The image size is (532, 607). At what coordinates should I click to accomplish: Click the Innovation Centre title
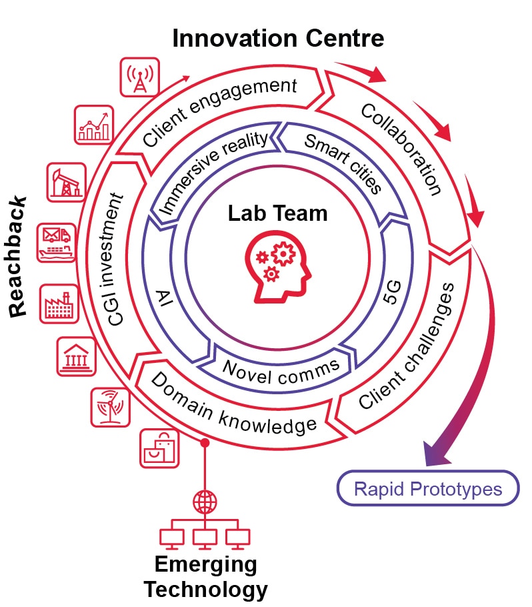(x=278, y=39)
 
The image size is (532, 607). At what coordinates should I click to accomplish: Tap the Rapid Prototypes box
(x=427, y=490)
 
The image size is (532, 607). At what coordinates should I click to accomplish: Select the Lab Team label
(x=278, y=213)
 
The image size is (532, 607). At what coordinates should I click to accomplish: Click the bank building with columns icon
(x=75, y=356)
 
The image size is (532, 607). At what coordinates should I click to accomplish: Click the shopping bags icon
(x=159, y=448)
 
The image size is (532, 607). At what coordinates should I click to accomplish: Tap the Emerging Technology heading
(x=205, y=577)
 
